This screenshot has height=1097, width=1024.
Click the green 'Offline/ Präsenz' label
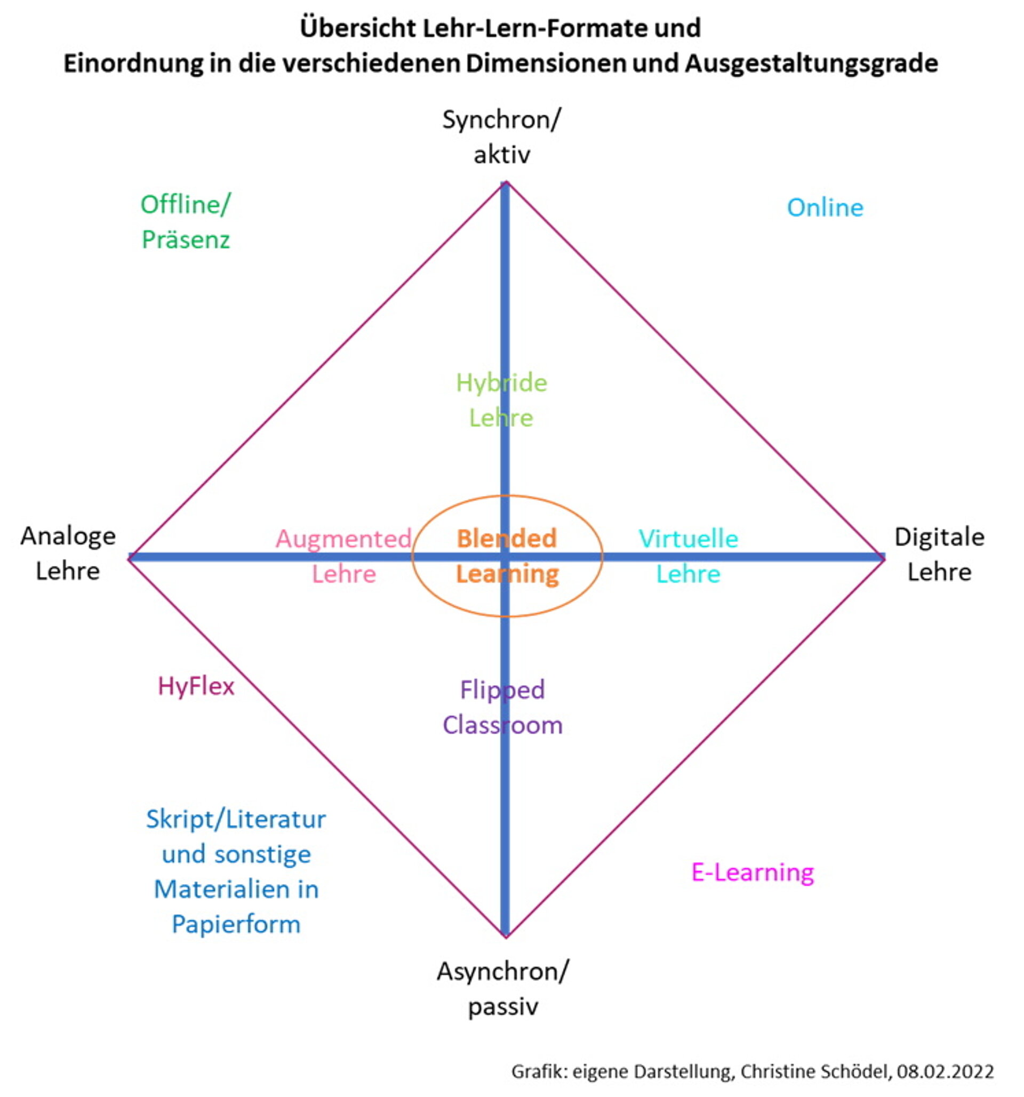pyautogui.click(x=186, y=222)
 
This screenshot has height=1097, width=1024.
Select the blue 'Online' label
pyautogui.click(x=825, y=208)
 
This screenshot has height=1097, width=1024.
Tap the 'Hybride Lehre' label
pyautogui.click(x=501, y=400)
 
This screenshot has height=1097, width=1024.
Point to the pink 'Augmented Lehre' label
pyautogui.click(x=343, y=556)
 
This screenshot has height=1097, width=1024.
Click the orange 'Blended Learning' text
pyautogui.click(x=507, y=556)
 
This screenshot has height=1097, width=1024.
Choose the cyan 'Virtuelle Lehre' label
pyautogui.click(x=689, y=556)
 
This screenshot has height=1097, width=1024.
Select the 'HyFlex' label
pyautogui.click(x=196, y=686)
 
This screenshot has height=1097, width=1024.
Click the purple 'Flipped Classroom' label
pyautogui.click(x=502, y=707)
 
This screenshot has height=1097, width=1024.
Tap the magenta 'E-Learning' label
pyautogui.click(x=753, y=872)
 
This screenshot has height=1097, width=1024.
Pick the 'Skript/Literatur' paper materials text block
pyautogui.click(x=236, y=871)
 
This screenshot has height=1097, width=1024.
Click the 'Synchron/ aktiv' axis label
pyautogui.click(x=501, y=137)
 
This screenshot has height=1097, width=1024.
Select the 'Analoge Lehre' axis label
pyautogui.click(x=68, y=554)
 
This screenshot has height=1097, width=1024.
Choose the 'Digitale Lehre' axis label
pyautogui.click(x=940, y=554)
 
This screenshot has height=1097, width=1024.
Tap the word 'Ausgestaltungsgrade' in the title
pyautogui.click(x=812, y=64)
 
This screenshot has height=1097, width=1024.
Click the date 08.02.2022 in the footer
pyautogui.click(x=945, y=1071)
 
